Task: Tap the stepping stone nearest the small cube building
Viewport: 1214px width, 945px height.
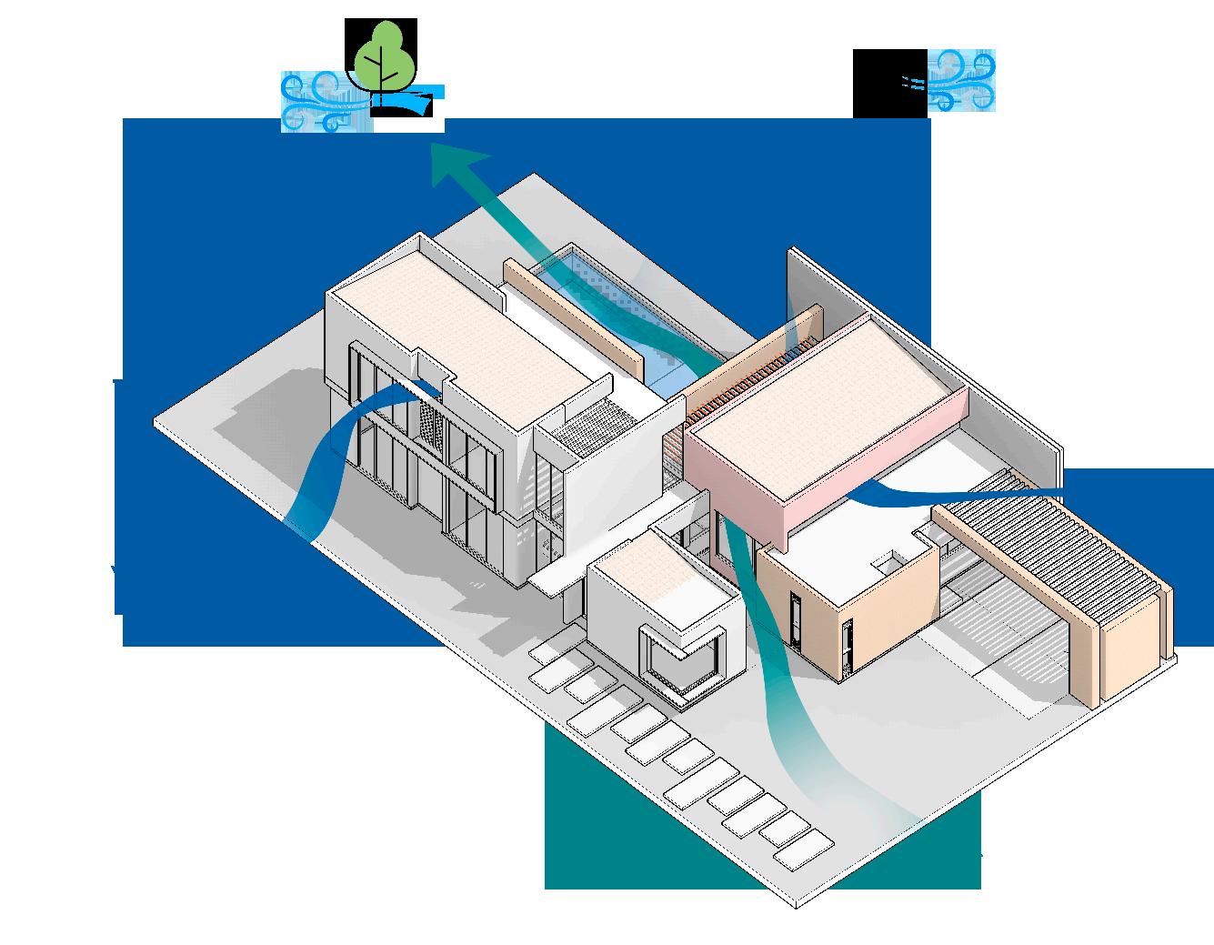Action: point(547,654)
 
